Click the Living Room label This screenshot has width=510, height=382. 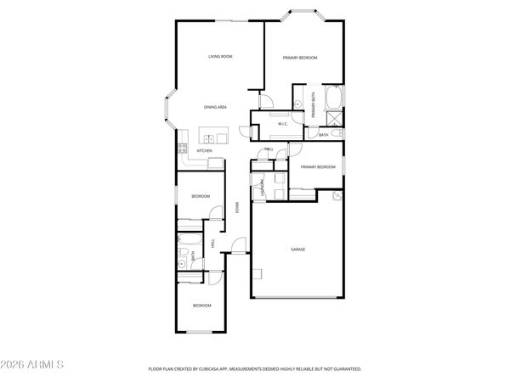pos(221,57)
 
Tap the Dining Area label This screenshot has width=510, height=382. pos(215,107)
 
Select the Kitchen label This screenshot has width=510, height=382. pos(204,151)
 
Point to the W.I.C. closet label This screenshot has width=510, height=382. pos(283,125)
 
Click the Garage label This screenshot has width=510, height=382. pos(297,249)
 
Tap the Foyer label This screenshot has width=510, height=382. pos(237,207)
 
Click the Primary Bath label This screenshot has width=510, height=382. pos(314,104)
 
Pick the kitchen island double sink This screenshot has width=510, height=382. pos(208,136)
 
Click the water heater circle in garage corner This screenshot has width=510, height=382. pos(337,195)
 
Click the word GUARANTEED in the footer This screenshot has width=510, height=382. pos(348,369)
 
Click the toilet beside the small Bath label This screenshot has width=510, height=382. pos(337,133)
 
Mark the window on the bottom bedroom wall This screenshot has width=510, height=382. pos(201,331)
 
